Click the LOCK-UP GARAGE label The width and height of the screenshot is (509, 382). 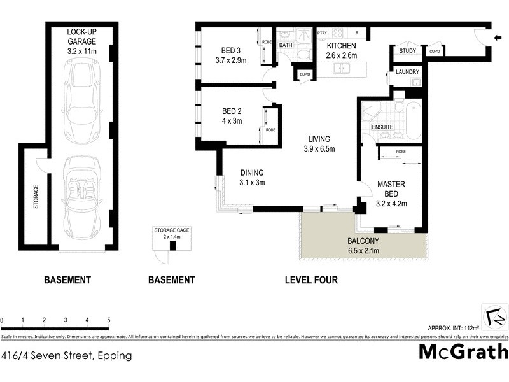82,41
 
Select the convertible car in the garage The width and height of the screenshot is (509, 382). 82,199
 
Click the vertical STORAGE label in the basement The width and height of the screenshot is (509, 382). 36,197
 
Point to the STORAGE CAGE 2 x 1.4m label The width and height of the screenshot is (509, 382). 167,233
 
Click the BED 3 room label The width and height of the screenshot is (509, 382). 230,55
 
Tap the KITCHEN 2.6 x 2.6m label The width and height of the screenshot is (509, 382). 342,51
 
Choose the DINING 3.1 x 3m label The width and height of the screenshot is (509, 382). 252,178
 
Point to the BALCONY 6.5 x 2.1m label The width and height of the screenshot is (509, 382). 363,246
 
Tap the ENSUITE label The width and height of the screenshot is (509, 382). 383,127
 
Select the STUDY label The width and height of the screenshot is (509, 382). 407,52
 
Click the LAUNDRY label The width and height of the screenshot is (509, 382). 407,72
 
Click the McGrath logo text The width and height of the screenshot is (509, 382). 464,352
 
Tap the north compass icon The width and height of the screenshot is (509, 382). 495,316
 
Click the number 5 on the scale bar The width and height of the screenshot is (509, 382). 109,320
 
